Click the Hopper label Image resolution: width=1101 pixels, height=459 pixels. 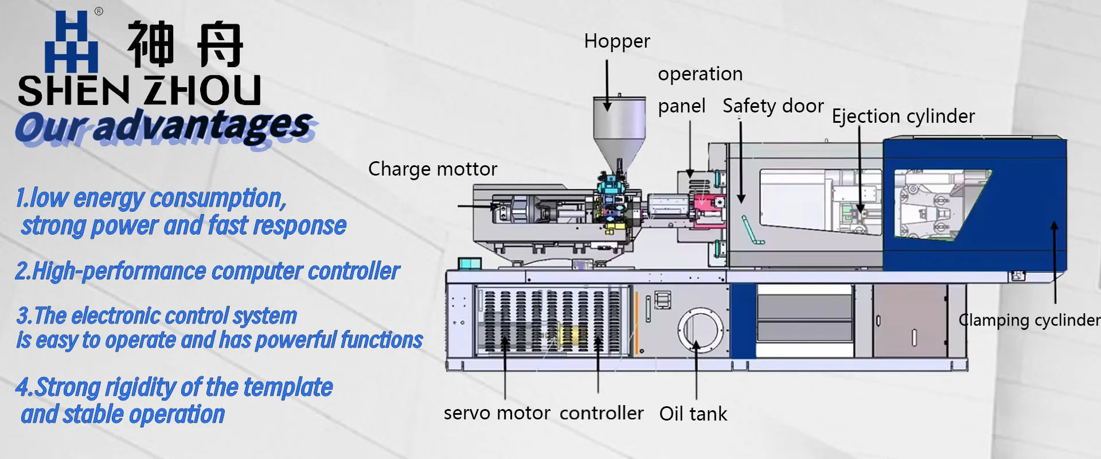coord(617,42)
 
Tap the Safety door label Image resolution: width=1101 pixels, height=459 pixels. coord(773,106)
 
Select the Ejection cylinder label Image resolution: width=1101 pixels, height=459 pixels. coord(903,116)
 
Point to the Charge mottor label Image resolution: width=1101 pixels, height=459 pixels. coord(432,169)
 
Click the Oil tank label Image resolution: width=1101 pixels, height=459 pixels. coord(693,414)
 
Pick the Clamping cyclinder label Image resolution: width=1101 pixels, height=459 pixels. coord(1029,320)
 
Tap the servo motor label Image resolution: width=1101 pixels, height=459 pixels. coord(497,413)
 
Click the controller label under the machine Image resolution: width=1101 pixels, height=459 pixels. coord(602,413)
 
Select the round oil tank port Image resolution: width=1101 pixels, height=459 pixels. coord(701,330)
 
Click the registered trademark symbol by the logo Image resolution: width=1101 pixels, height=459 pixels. coord(99,11)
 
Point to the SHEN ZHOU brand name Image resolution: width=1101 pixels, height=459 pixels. coord(139,90)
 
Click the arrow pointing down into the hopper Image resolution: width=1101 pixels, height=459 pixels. coord(607,85)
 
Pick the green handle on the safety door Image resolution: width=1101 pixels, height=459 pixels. coord(753,230)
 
